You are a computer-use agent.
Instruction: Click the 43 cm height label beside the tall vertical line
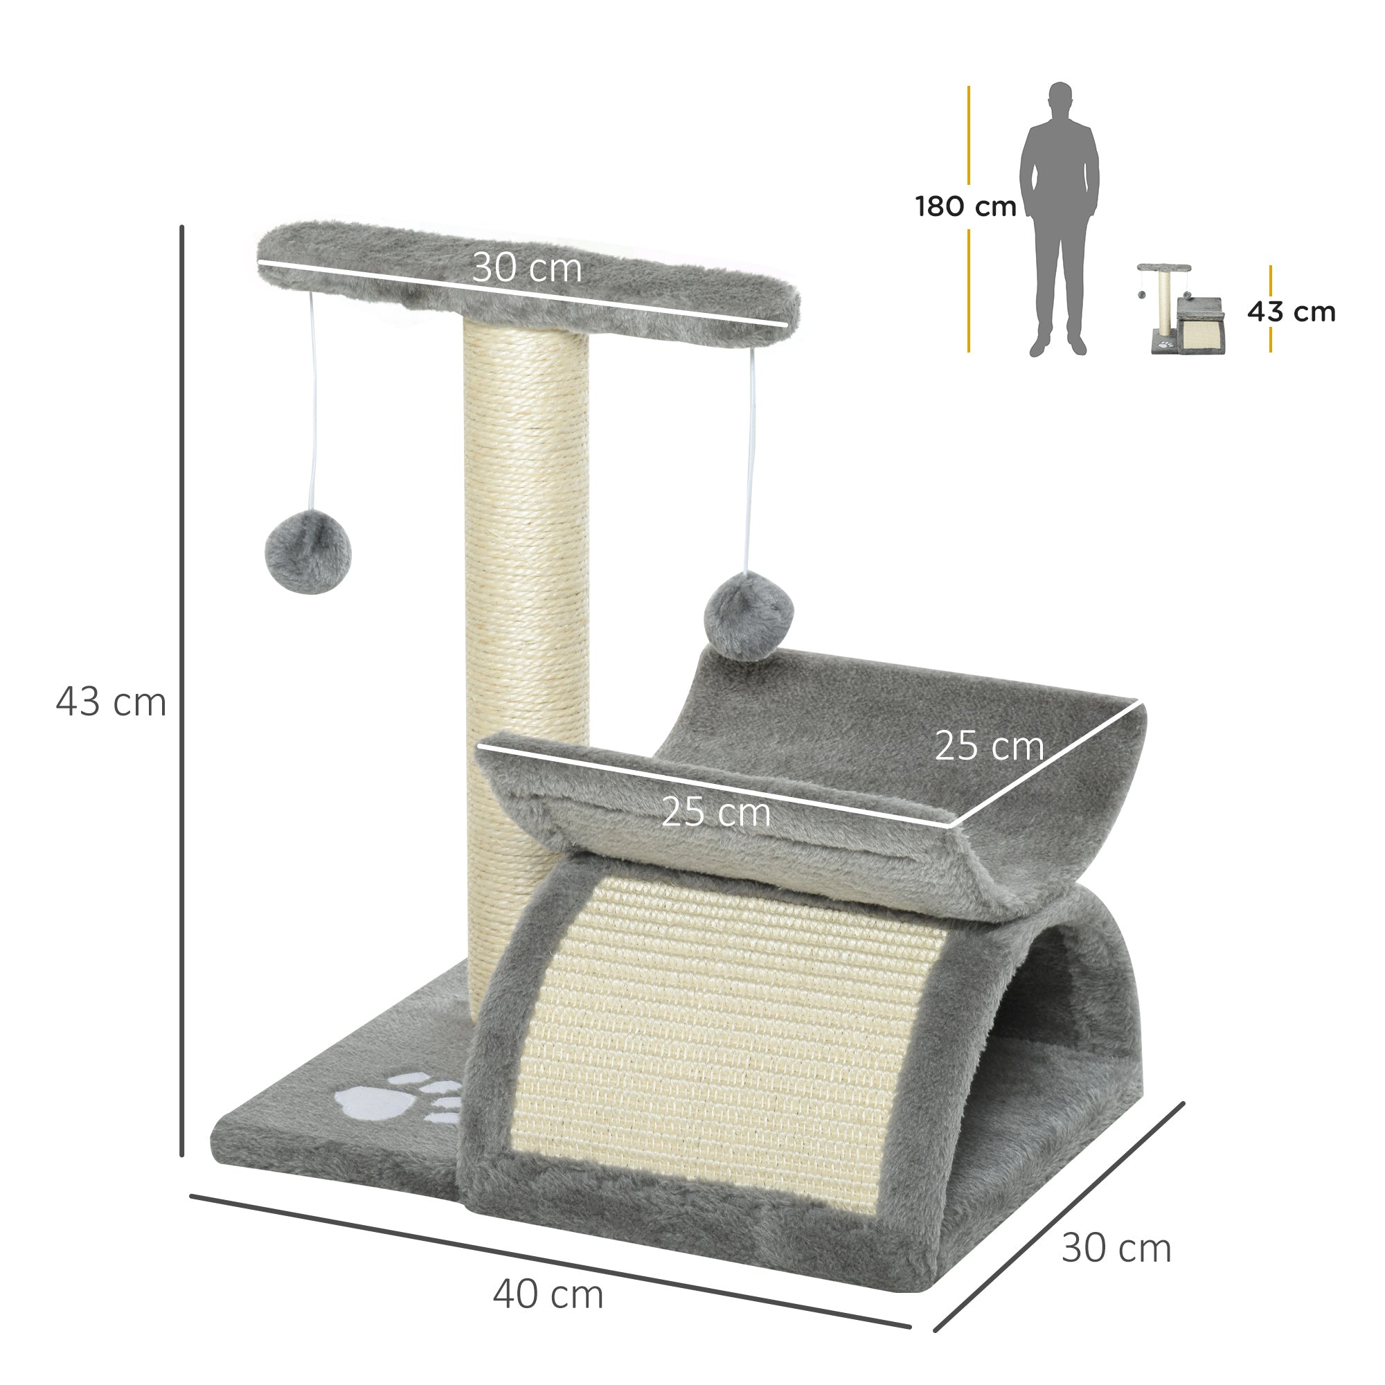pyautogui.click(x=111, y=702)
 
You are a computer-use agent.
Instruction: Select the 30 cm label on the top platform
pyautogui.click(x=527, y=269)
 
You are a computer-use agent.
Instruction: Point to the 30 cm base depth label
pyautogui.click(x=1116, y=1248)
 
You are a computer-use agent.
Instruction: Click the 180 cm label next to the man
pyautogui.click(x=965, y=206)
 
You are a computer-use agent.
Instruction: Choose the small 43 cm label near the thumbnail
pyautogui.click(x=1291, y=312)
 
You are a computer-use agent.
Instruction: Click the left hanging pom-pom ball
pyautogui.click(x=307, y=551)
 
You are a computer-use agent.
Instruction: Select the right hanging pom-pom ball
pyautogui.click(x=749, y=619)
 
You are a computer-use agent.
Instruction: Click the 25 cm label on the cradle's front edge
pyautogui.click(x=715, y=813)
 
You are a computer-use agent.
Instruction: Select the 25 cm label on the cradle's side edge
pyautogui.click(x=989, y=747)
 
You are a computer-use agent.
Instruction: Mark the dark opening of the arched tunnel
pyautogui.click(x=1075, y=1003)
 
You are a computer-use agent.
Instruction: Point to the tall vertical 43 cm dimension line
pyautogui.click(x=182, y=688)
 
